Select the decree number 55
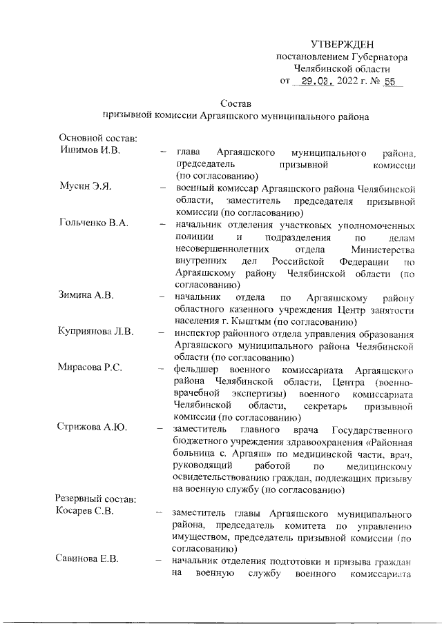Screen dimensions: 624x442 [392, 82]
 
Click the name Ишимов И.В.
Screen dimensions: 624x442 [90, 151]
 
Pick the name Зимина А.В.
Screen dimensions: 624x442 [86, 297]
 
